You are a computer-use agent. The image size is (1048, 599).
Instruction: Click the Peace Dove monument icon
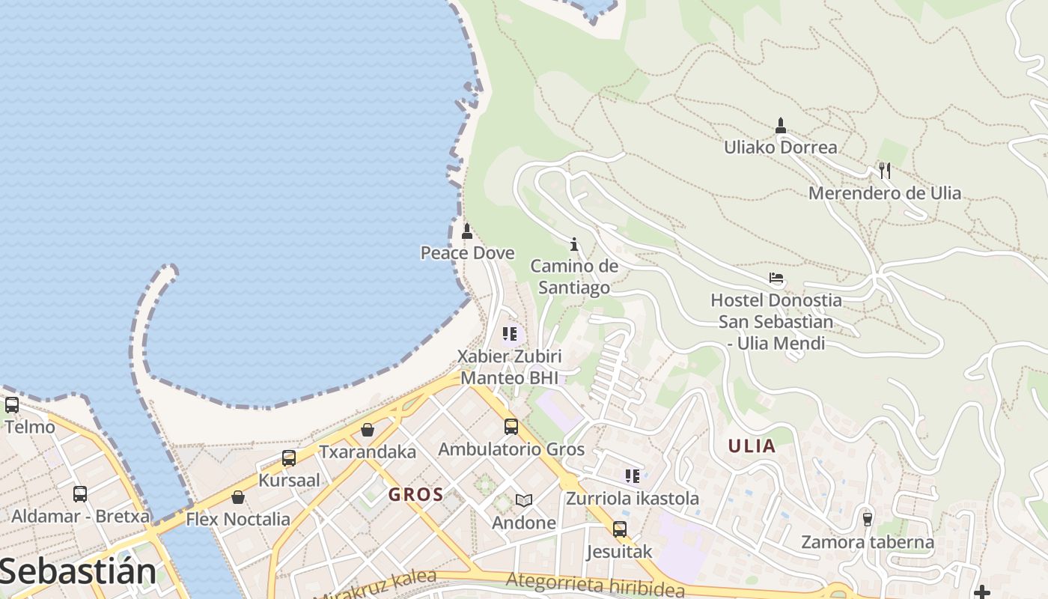pos(467,231)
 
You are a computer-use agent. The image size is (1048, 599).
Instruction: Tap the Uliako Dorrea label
pos(780,148)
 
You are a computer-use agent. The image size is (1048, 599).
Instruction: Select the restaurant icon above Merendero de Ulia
pos(885,171)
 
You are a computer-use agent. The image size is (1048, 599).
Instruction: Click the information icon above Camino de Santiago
pos(574,244)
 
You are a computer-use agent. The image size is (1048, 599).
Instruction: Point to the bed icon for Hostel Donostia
pos(776,278)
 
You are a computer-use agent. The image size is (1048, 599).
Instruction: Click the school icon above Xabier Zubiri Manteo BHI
pos(510,333)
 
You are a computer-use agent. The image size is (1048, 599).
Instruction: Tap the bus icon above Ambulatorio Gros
pos(511,427)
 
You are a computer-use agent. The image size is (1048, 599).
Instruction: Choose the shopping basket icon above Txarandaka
pos(368,430)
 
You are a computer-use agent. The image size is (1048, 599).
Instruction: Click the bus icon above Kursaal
pos(289,458)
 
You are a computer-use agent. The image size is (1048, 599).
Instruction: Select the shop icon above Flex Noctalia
pos(238,496)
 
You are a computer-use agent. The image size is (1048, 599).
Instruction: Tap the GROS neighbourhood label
pos(416,495)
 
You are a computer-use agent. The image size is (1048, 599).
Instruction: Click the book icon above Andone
pos(524,500)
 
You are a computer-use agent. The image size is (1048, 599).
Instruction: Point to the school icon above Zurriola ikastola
pos(633,475)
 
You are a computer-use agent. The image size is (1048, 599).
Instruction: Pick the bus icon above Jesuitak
pos(620,529)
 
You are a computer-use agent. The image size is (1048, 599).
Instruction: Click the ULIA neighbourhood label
pos(752,446)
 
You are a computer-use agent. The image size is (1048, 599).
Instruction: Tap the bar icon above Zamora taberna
pos(868,518)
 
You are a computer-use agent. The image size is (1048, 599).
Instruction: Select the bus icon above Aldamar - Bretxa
pos(80,494)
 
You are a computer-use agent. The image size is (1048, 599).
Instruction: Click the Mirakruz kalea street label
pos(375,584)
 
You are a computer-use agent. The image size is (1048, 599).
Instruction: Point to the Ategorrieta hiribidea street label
pos(595,585)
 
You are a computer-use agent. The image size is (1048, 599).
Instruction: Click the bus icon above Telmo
pos(12,405)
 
